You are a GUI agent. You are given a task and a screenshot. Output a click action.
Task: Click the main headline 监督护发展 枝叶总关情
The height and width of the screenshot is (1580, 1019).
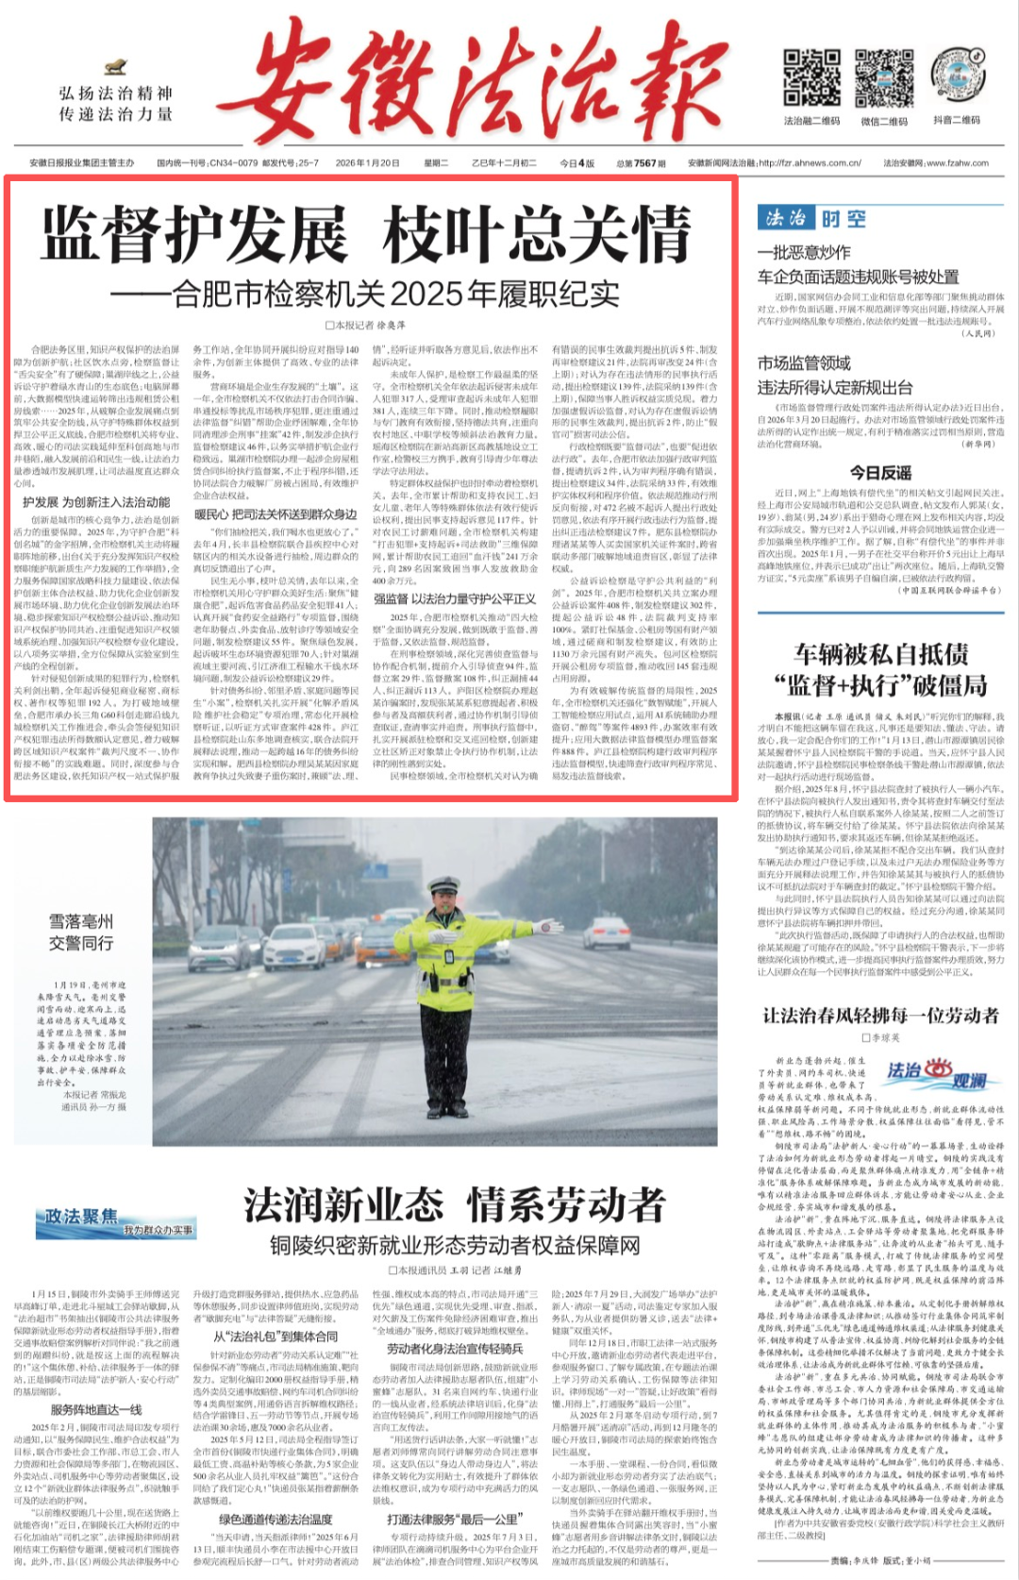coord(366,236)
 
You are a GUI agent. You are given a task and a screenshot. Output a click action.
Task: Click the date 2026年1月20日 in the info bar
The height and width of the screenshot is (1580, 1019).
coord(367,163)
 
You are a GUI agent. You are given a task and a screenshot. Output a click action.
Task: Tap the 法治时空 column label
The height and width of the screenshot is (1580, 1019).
coord(812,219)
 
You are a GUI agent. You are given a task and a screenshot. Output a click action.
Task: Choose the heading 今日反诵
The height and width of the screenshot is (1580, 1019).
coord(879,472)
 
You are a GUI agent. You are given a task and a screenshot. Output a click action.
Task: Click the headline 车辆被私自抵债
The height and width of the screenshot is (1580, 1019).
coord(880,654)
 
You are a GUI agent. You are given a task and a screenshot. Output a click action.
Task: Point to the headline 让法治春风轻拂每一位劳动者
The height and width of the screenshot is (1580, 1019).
coord(880,1016)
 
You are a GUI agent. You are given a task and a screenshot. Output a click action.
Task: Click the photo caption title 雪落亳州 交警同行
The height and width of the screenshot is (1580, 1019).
coord(81,932)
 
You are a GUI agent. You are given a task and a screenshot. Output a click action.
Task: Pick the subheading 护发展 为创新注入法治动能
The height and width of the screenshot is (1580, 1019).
coord(96,502)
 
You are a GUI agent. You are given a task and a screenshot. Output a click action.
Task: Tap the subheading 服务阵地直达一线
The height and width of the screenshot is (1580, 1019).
coord(96,1409)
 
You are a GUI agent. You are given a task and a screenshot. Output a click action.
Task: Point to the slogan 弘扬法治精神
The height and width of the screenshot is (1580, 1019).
coord(115,93)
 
